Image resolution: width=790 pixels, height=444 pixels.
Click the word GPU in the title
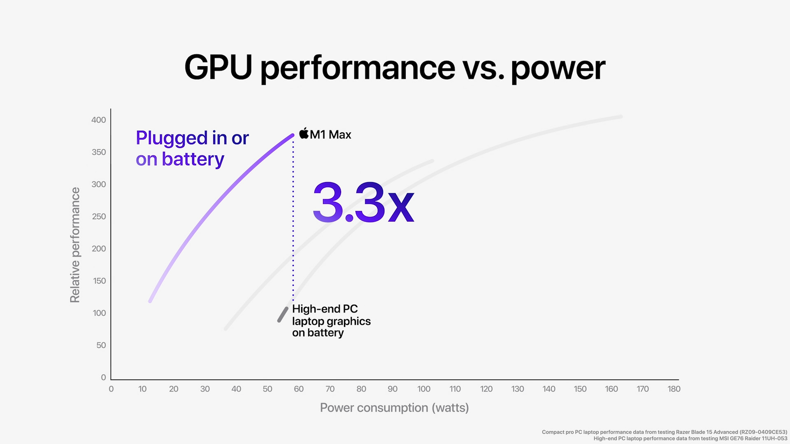point(218,67)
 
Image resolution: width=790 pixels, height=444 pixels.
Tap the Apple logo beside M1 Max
point(304,133)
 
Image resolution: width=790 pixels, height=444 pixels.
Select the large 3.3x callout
point(363,202)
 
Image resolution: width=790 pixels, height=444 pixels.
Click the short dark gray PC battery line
point(283,314)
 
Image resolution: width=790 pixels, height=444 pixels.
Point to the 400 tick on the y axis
point(99,120)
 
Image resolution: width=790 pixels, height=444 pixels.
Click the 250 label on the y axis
point(99,216)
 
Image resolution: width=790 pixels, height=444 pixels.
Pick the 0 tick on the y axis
point(103,377)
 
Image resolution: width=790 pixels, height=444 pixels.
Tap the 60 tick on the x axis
point(299,389)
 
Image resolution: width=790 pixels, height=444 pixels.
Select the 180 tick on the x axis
point(674,389)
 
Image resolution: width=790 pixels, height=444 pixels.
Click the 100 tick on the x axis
point(424,389)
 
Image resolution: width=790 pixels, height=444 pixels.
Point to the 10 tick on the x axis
point(142,389)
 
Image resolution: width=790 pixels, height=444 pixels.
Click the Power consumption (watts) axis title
point(394,408)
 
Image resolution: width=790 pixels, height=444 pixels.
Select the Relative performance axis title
point(75,245)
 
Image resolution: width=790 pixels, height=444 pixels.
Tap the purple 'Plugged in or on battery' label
point(192,148)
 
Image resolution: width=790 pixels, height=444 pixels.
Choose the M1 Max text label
point(330,134)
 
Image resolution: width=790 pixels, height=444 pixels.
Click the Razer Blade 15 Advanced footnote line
point(664,432)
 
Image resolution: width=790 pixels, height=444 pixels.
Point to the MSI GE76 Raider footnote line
point(690,439)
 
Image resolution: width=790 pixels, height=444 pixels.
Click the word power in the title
point(558,68)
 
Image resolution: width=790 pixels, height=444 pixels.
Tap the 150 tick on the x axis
point(580,389)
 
